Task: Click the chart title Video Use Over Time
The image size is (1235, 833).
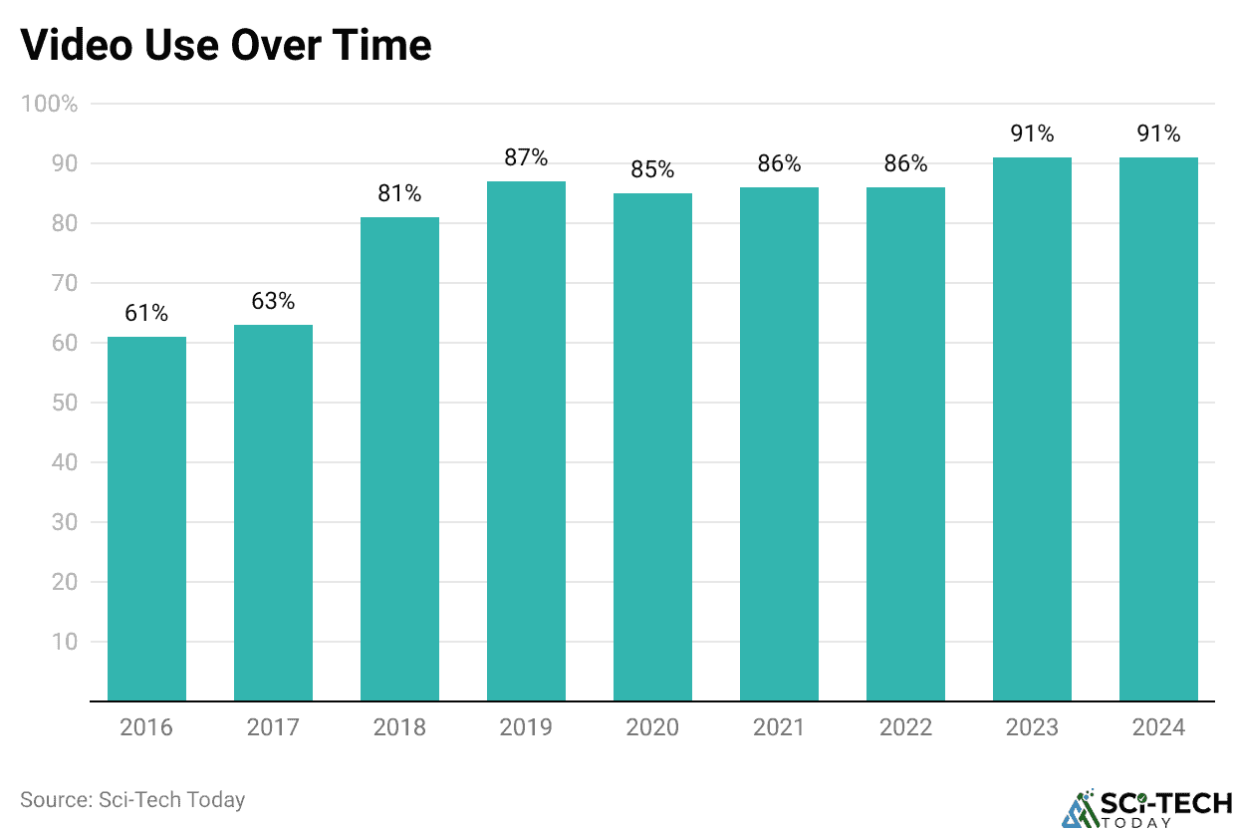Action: (x=226, y=45)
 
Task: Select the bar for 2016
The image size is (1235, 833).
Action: (x=146, y=518)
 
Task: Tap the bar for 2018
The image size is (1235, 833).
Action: (x=399, y=458)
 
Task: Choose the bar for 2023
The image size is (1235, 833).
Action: (x=1032, y=428)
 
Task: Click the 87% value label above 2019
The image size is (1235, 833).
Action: (x=526, y=157)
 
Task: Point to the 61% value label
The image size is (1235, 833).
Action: (x=146, y=313)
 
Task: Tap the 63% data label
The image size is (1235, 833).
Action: (x=273, y=301)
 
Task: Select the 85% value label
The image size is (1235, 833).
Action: (x=652, y=169)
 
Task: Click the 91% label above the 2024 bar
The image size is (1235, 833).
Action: (x=1158, y=134)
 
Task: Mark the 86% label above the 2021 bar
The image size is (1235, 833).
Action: (x=779, y=163)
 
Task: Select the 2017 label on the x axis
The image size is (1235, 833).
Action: (x=273, y=727)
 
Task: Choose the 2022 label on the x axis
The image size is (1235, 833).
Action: (x=905, y=727)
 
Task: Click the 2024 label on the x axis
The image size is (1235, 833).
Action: (x=1158, y=727)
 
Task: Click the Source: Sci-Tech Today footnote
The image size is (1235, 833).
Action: (x=132, y=799)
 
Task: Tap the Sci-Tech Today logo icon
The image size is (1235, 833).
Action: (x=1078, y=808)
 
